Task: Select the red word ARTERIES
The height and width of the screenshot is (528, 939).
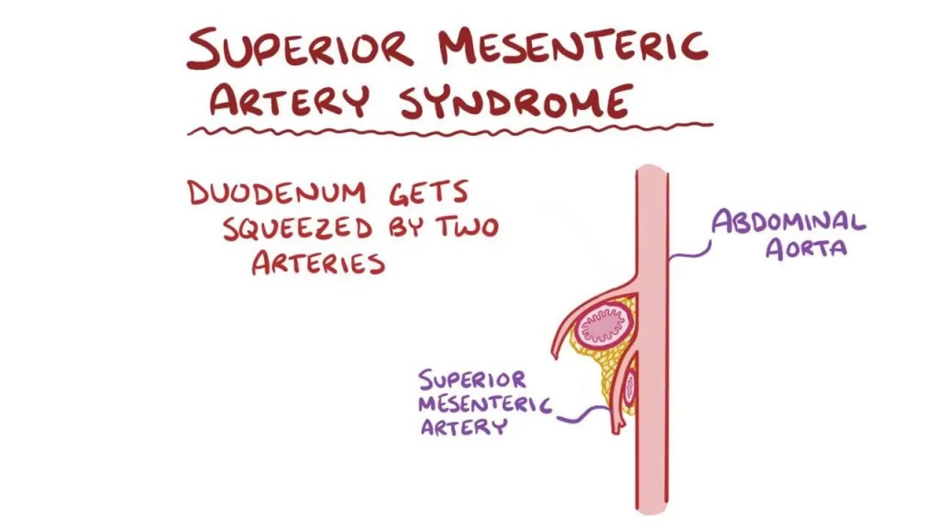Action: coord(317,263)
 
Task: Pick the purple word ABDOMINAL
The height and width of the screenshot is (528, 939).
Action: coord(790,223)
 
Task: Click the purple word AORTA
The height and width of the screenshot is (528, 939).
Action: coord(806,248)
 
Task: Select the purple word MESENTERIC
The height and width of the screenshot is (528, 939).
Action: coord(483,403)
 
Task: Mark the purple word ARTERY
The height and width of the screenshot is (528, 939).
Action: coord(463,427)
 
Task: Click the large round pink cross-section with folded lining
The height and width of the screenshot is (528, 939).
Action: coord(603,324)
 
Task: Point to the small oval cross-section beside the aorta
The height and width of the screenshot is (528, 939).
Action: coord(631,389)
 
